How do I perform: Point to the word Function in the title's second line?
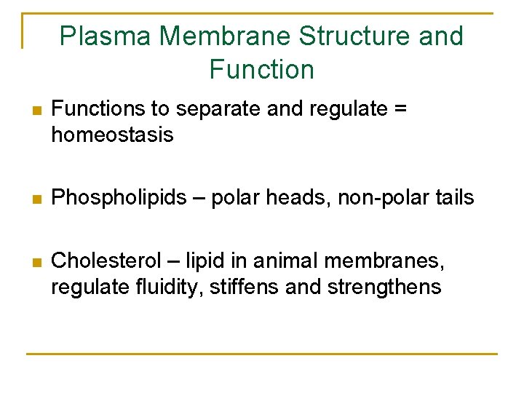(261, 69)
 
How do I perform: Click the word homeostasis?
(112, 135)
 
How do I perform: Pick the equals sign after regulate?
(399, 109)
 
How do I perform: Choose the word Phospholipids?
(119, 198)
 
